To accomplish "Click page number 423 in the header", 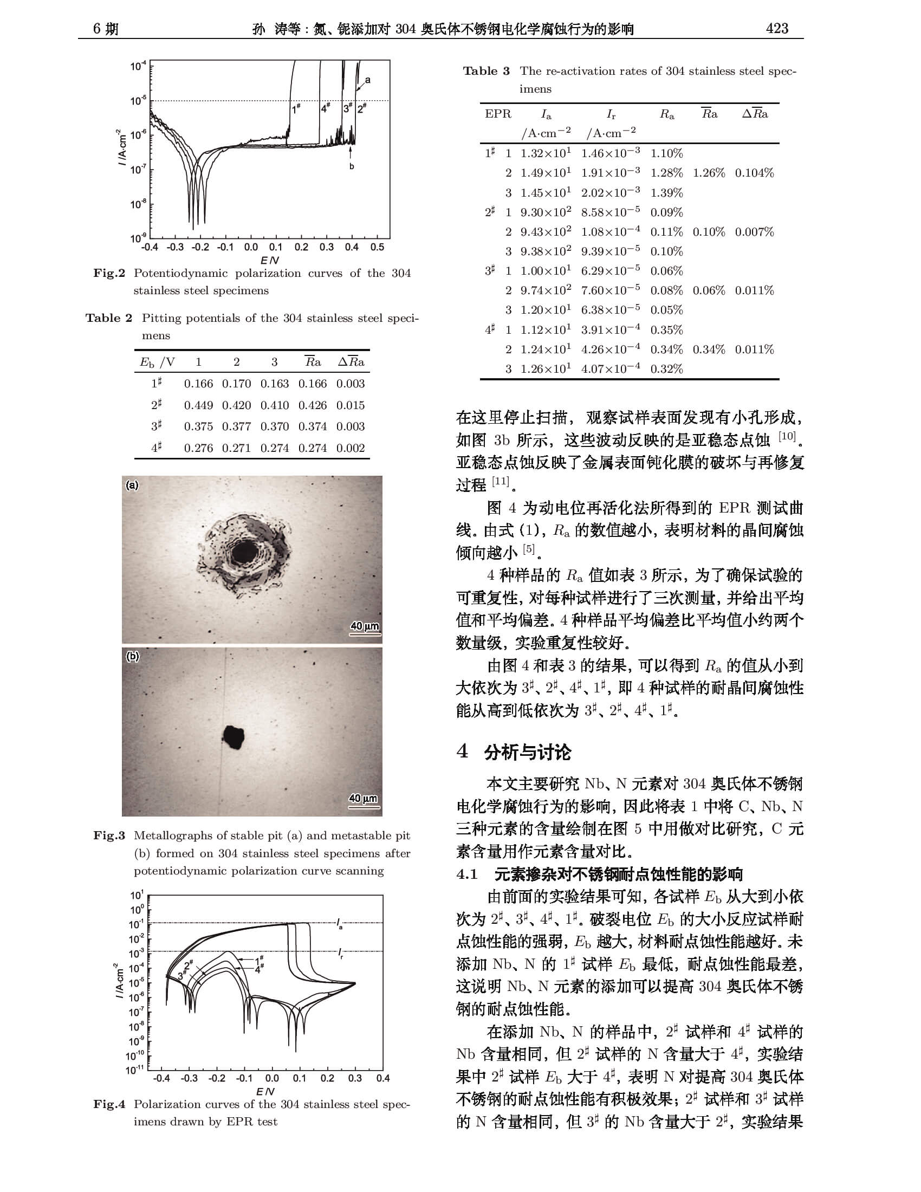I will click(776, 28).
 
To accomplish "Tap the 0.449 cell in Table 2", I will click(198, 405).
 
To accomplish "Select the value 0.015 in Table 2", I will click(351, 405).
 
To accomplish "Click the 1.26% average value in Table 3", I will click(709, 173).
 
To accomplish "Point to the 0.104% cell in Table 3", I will click(754, 173).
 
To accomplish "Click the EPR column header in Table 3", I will click(497, 114).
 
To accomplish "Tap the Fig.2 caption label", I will click(109, 274).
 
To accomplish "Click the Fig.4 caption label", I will click(109, 1104).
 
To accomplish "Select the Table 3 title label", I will click(486, 71).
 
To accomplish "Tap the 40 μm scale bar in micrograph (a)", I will click(365, 627).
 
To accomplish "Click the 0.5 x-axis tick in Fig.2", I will click(377, 247).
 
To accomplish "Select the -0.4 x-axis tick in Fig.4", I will click(161, 1078).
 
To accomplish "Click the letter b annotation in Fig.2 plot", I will click(352, 166).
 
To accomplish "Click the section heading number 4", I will click(463, 752).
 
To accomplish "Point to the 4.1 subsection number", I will click(467, 874).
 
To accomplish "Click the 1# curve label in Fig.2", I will click(296, 109).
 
